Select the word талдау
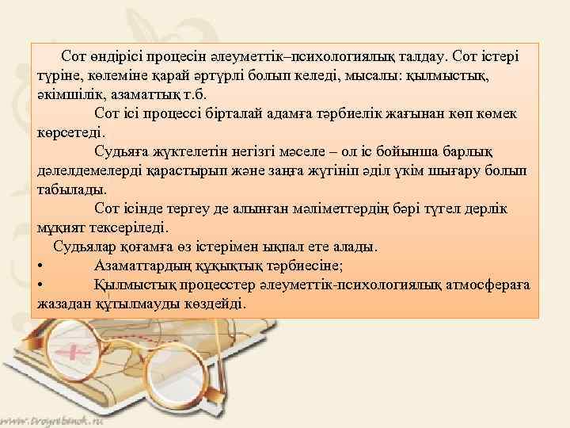pos(420,56)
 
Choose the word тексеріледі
pos(128,227)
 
